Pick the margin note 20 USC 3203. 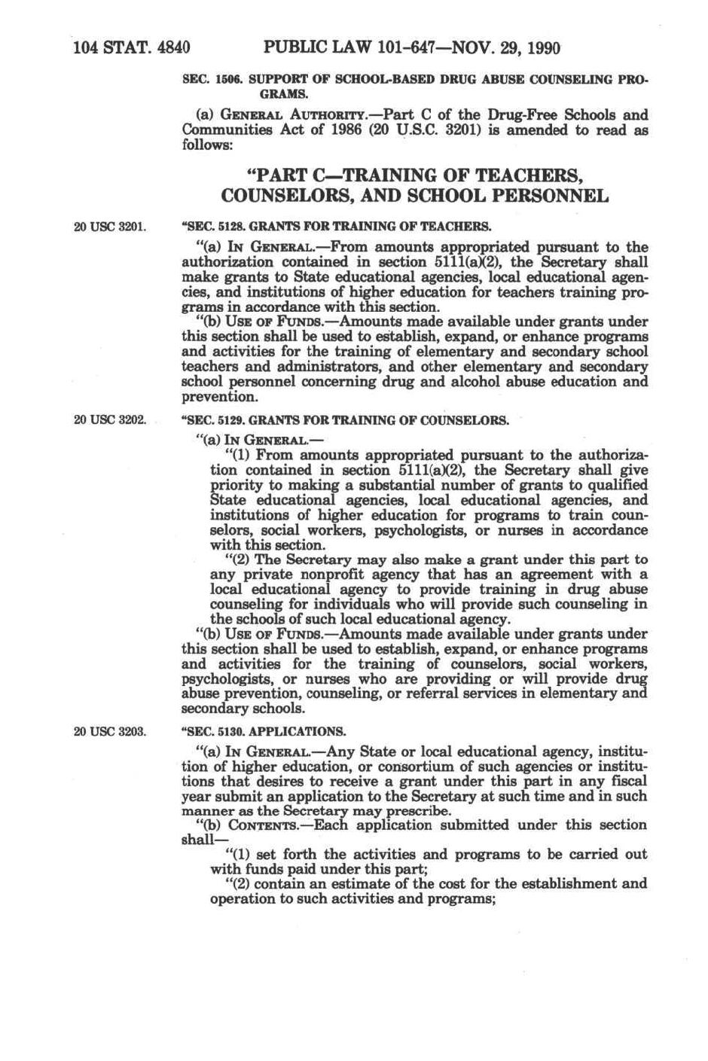click(x=109, y=731)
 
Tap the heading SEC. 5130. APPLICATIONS click(x=264, y=731)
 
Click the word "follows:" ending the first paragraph click(x=204, y=145)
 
